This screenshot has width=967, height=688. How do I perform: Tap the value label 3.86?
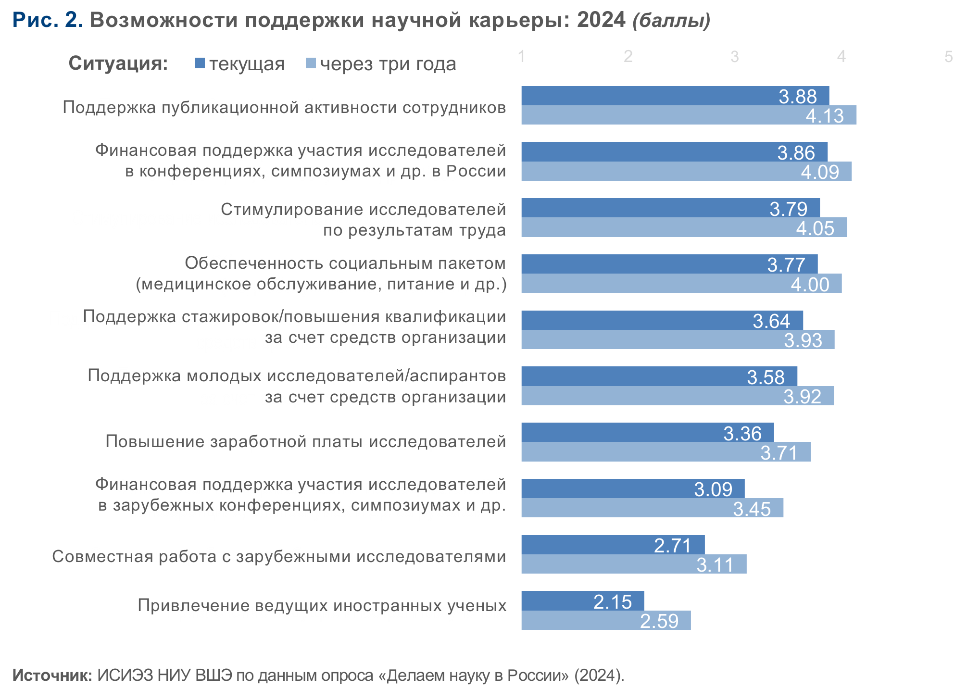[x=796, y=153]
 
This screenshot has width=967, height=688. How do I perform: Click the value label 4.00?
[x=810, y=285]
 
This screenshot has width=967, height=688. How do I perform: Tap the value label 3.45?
[x=752, y=509]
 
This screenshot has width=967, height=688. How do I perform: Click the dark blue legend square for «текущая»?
[x=200, y=63]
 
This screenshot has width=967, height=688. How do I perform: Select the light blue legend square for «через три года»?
[x=311, y=63]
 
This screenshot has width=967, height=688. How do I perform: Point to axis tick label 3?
[x=734, y=57]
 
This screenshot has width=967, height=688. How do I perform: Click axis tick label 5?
[x=948, y=57]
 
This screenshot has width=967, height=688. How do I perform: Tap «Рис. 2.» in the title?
[x=48, y=20]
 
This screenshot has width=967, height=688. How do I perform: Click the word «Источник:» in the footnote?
[x=52, y=675]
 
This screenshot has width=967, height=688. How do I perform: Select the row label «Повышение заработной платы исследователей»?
[x=305, y=441]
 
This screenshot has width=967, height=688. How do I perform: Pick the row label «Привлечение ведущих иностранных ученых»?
[x=322, y=605]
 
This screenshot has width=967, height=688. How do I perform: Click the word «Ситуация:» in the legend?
[x=118, y=63]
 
